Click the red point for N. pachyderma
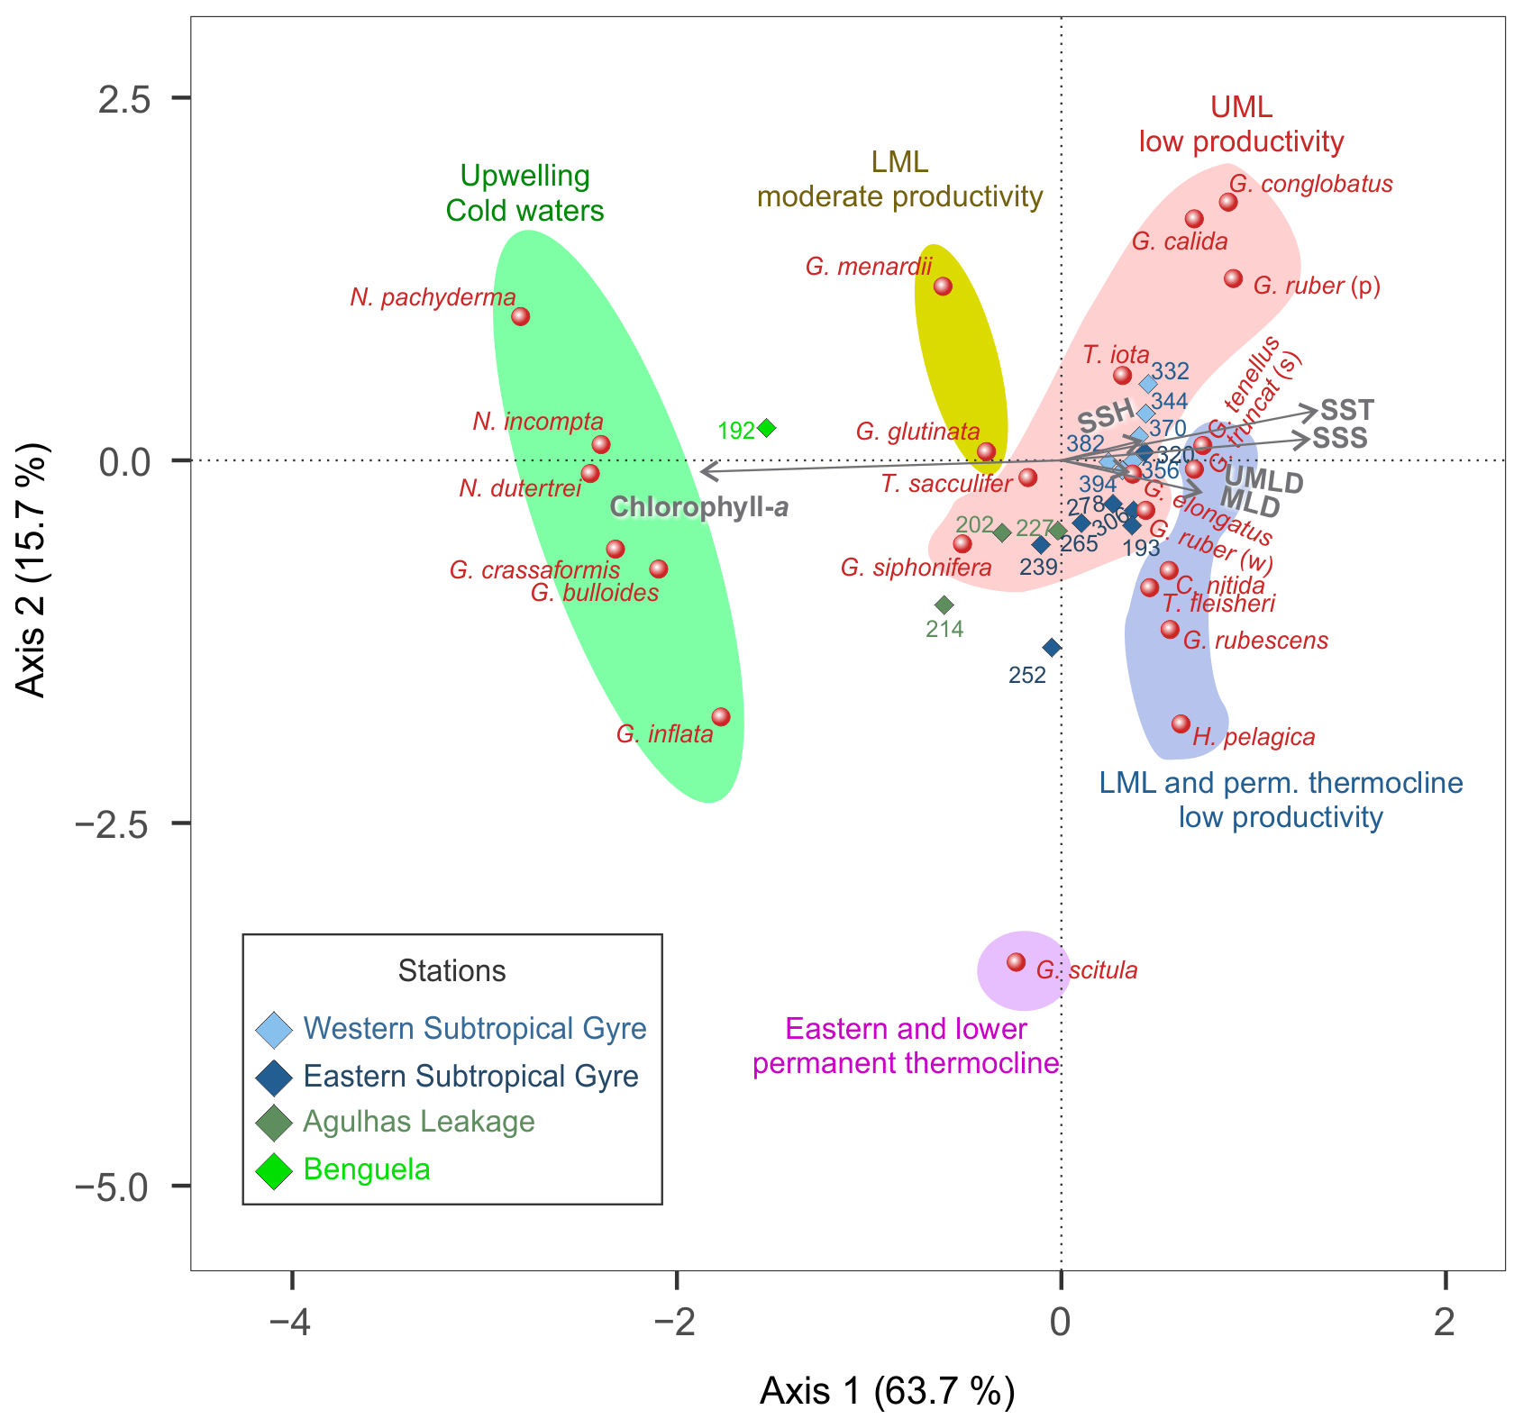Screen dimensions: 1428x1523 coord(520,316)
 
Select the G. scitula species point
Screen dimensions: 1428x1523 coord(1016,962)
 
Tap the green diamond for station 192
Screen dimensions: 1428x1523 coord(767,428)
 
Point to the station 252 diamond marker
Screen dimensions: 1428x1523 coord(1052,647)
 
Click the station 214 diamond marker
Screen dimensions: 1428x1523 coord(944,605)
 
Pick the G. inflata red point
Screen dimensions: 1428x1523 coord(720,717)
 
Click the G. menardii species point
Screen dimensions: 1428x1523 coord(943,287)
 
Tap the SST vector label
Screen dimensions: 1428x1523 coord(1346,411)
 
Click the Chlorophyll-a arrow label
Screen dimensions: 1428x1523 coord(699,507)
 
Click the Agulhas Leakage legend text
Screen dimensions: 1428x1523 coord(419,1122)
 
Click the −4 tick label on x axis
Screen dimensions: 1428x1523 coord(291,1323)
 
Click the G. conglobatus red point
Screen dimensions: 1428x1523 coord(1227,202)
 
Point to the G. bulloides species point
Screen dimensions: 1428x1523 coord(659,569)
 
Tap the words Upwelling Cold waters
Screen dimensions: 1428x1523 coord(525,193)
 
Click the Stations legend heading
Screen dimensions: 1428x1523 coord(451,971)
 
